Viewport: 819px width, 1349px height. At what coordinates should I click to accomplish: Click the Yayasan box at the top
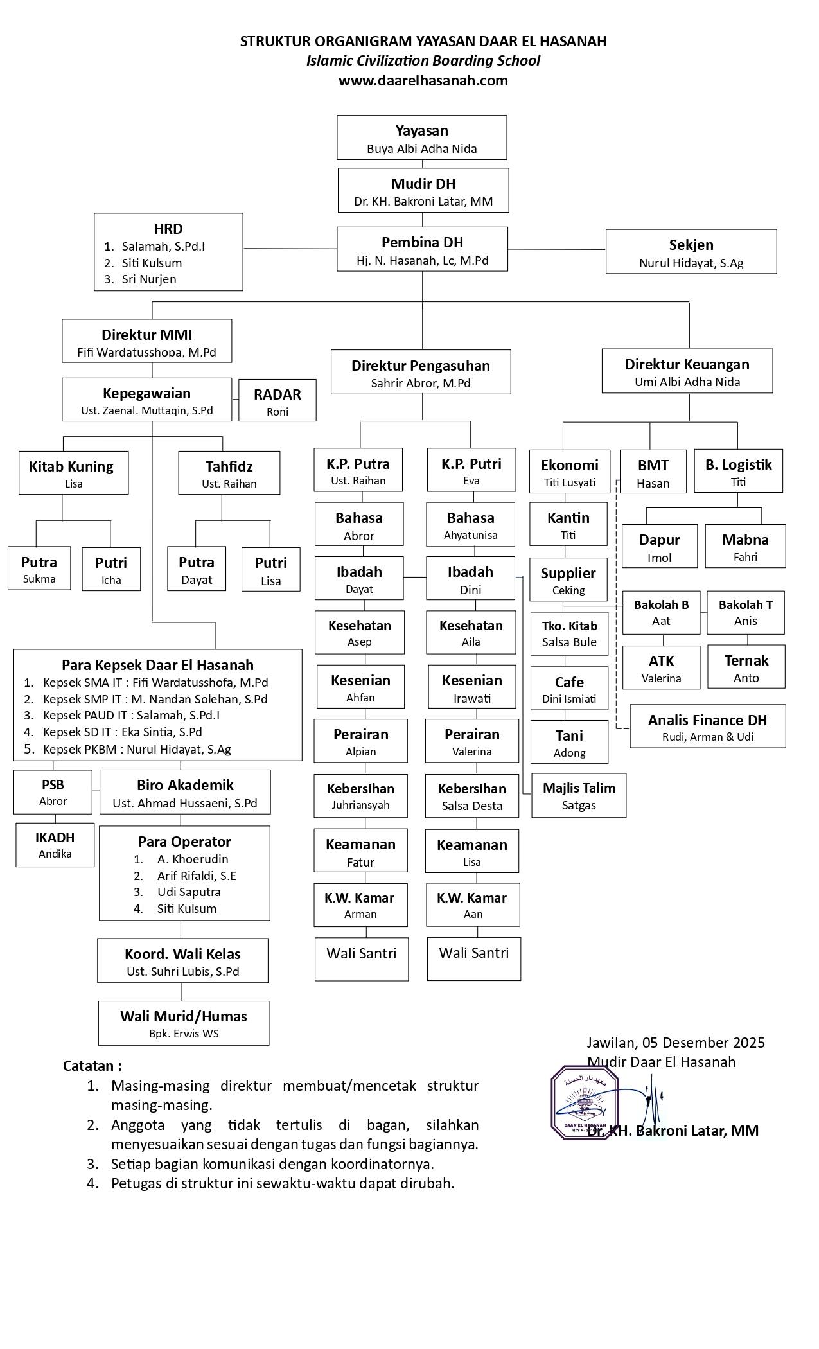tap(421, 137)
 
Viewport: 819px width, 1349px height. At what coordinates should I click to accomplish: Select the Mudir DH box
tap(423, 191)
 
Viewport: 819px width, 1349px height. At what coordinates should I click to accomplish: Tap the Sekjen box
tap(691, 252)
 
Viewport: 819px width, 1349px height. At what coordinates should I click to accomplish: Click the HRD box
tap(168, 252)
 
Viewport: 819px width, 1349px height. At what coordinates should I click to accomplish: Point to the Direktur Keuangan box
tap(687, 371)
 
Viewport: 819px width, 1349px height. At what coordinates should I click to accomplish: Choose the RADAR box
tap(277, 401)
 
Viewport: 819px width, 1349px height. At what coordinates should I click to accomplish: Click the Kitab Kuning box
tap(73, 473)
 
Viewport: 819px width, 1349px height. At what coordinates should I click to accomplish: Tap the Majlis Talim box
tap(579, 795)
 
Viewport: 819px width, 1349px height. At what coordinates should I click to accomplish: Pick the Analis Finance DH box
tap(707, 727)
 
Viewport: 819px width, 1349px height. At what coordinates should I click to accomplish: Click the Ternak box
tap(746, 667)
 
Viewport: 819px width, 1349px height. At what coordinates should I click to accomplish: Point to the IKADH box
tap(55, 845)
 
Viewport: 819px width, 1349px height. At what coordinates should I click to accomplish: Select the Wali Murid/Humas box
tap(184, 1023)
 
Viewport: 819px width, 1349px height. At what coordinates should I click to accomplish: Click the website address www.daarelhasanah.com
tap(423, 80)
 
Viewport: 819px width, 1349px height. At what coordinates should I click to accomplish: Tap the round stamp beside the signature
tap(584, 1102)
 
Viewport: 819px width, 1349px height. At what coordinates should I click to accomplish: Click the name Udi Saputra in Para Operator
tap(189, 892)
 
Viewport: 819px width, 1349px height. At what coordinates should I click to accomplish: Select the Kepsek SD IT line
tap(122, 732)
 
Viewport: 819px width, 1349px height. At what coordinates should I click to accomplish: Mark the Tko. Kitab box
tap(569, 633)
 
